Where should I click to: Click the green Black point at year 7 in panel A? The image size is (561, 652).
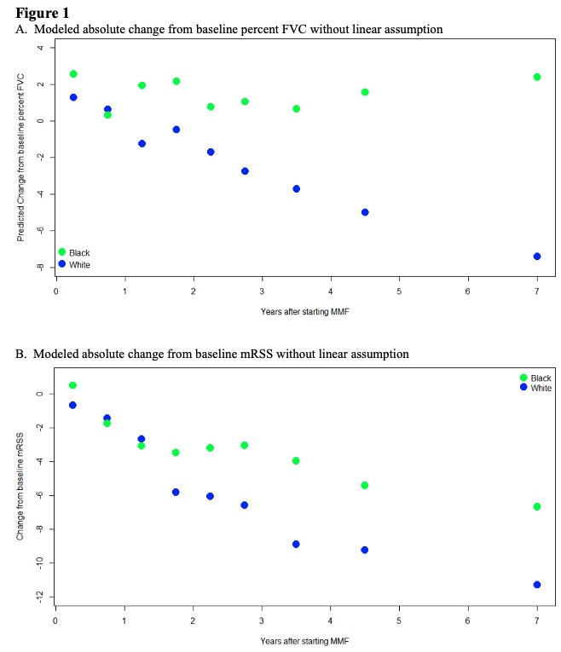point(537,77)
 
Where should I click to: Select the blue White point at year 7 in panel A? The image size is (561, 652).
point(537,256)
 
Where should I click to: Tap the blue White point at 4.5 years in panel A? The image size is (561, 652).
point(365,212)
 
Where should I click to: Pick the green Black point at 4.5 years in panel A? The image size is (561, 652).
point(365,92)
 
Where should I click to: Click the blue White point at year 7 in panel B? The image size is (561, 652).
point(537,585)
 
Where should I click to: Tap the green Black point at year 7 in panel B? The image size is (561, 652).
point(537,506)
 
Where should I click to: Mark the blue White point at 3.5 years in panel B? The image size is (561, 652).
point(296,544)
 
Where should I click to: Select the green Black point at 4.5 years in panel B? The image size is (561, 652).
point(365,485)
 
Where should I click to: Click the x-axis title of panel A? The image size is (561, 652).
point(304,312)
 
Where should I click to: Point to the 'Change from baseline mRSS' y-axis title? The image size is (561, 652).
point(20,488)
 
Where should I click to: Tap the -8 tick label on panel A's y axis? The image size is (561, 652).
point(38,267)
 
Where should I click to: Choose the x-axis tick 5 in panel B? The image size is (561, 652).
point(399,620)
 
